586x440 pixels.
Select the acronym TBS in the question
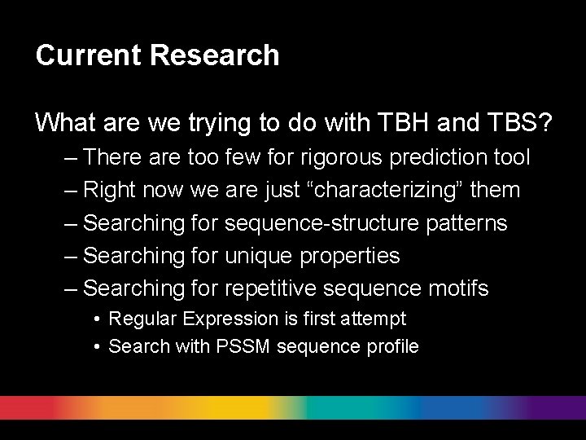(509, 123)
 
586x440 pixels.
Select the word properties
(350, 256)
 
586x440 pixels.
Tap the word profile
(390, 346)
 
